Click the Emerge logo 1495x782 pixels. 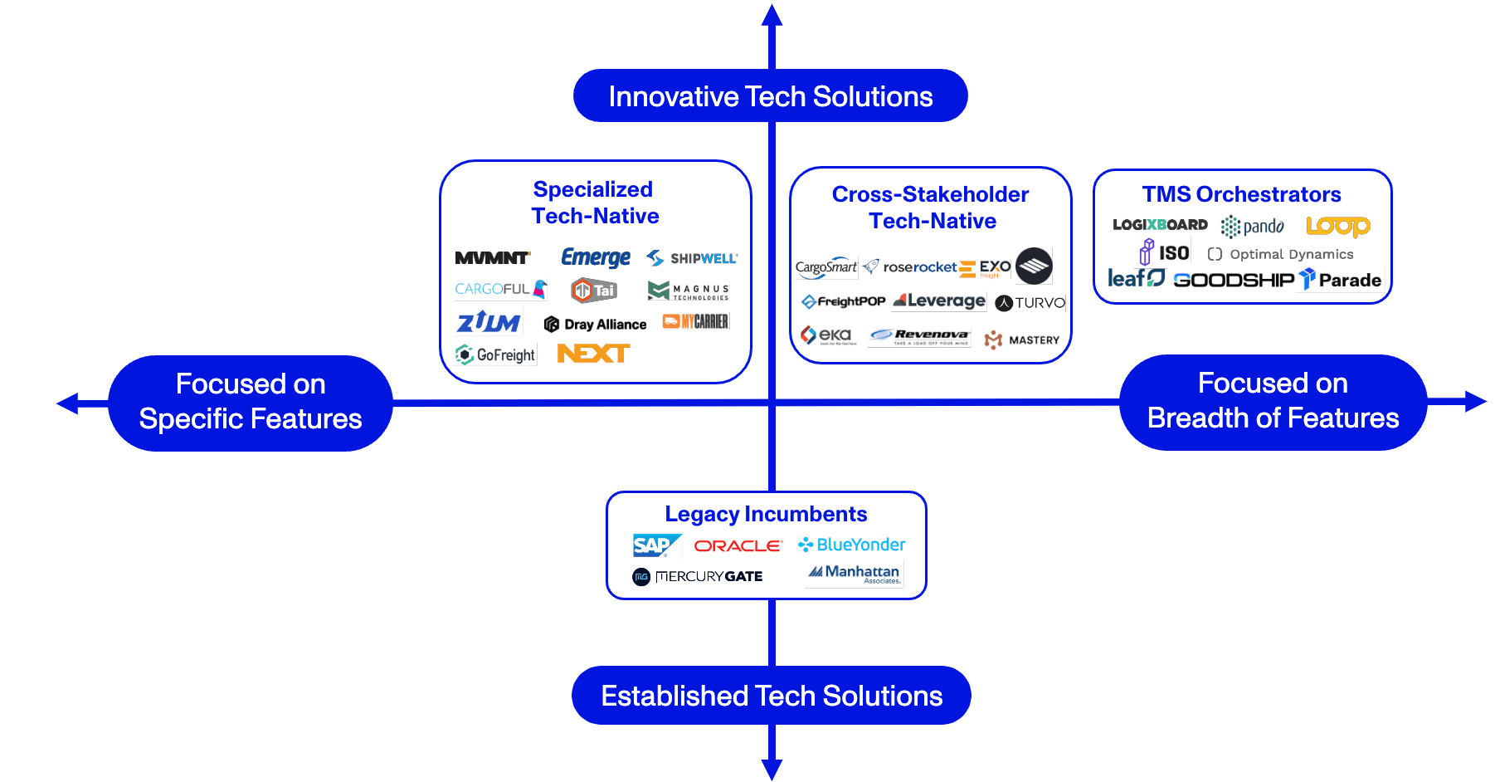595,257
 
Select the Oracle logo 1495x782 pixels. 738,545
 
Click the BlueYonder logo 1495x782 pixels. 851,545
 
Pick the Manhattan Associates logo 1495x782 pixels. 855,573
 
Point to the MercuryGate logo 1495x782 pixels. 698,576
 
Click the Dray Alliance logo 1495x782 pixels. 595,324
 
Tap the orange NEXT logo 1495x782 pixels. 592,354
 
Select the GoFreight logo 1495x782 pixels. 496,355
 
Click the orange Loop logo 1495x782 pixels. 1337,226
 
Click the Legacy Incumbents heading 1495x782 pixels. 766,514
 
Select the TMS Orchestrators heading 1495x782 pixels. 1241,194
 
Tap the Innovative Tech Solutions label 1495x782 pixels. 770,96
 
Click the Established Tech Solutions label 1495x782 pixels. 771,696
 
